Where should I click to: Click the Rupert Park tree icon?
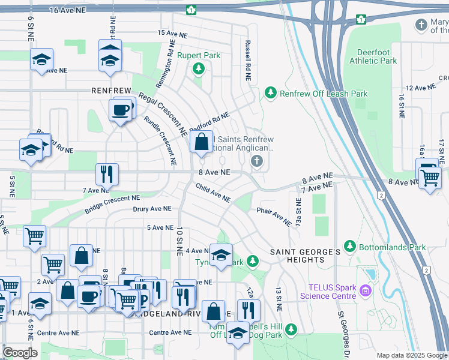coord(198,70)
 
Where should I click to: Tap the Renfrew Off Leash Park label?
coord(324,94)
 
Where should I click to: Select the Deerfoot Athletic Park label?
coord(377,56)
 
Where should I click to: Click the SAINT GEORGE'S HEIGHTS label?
coord(305,256)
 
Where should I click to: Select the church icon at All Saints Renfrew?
coord(257,161)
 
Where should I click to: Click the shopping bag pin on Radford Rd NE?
coord(202,143)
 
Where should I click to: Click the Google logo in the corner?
coord(20,352)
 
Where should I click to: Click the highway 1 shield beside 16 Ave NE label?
coord(191,10)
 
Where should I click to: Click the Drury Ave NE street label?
coord(152,209)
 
